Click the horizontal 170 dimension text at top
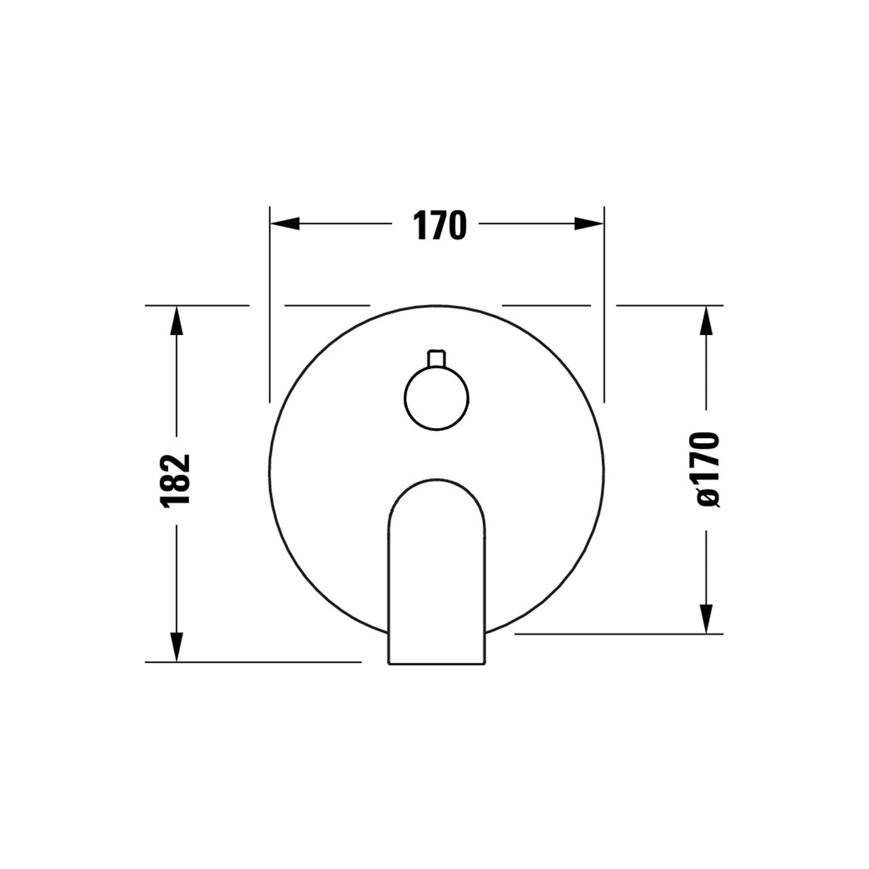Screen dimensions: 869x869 (439, 225)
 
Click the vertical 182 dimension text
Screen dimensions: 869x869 (176, 481)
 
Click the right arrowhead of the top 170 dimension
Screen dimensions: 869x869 (588, 224)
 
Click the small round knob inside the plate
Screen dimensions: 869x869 (436, 398)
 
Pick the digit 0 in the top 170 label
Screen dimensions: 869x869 (457, 225)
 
